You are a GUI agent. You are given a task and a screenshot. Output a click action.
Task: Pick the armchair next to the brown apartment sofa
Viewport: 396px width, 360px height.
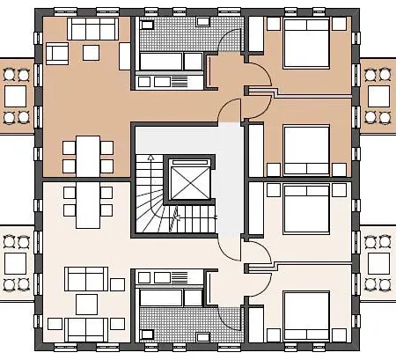58,53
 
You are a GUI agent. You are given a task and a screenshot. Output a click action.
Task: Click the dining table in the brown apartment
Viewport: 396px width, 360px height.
88,153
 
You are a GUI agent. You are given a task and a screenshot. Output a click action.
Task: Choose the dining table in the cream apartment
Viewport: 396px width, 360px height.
88,202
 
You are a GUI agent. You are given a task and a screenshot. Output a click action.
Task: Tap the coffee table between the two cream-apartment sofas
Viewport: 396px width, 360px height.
87,305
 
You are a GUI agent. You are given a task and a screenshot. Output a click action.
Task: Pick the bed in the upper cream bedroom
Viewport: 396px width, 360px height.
306,208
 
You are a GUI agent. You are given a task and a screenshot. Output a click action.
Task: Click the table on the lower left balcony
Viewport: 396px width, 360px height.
16,262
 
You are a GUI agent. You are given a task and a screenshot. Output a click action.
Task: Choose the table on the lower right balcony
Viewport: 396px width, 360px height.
379,262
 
